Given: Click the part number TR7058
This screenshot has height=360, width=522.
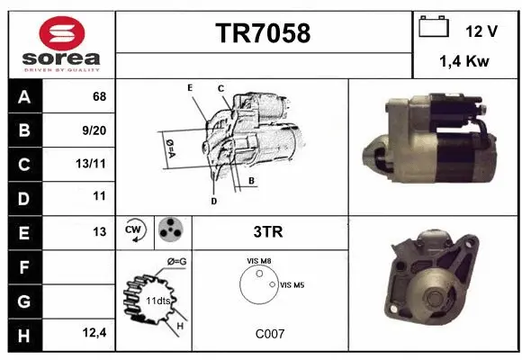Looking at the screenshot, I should click(x=263, y=33).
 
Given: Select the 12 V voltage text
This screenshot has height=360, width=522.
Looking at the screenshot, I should click(x=481, y=31).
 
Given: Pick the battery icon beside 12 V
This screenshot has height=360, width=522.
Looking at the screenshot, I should click(x=434, y=28).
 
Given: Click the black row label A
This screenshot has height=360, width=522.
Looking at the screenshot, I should click(x=23, y=96).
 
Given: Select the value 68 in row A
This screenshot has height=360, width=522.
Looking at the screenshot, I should click(x=99, y=96).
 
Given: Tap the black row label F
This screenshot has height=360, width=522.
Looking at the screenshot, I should click(x=23, y=266).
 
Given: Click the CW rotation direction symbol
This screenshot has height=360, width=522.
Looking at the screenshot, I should click(x=135, y=231).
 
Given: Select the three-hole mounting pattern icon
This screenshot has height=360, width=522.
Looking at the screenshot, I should click(x=171, y=231).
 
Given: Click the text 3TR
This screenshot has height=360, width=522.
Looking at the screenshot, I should click(x=269, y=232).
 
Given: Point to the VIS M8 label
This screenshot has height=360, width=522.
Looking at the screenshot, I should click(x=259, y=261).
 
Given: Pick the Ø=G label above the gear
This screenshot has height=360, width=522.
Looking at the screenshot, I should click(x=176, y=261).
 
